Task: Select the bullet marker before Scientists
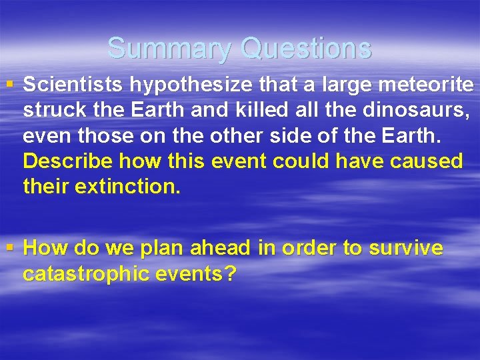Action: pos(9,85)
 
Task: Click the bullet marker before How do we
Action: pos(9,248)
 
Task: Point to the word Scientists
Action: pos(74,85)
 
